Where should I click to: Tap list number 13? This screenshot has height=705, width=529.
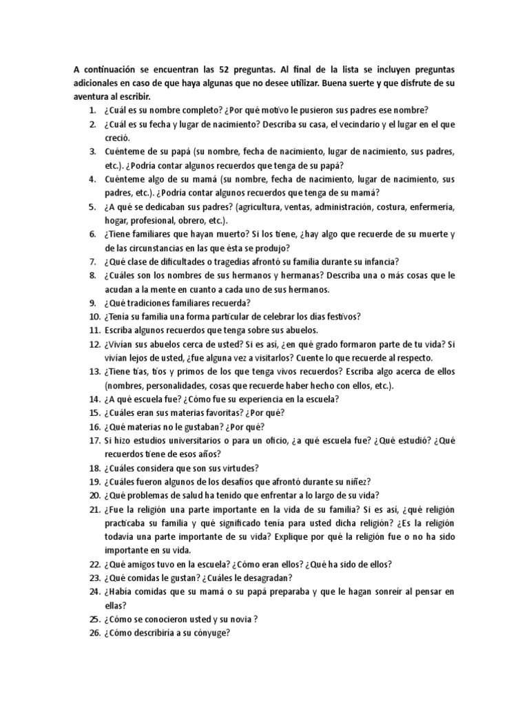[94, 372]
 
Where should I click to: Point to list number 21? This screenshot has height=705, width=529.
[94, 509]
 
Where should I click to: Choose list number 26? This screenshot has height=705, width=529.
[94, 633]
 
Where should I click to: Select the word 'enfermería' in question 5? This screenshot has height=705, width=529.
[425, 207]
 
